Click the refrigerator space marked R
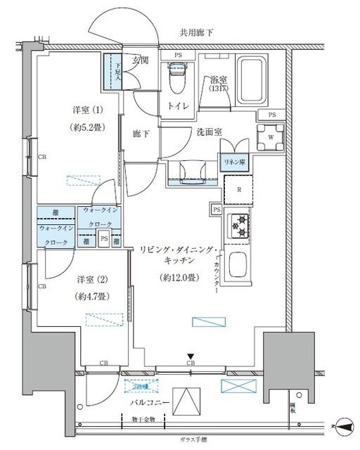(x=238, y=188)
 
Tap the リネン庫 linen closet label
(x=233, y=162)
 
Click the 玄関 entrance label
(x=141, y=61)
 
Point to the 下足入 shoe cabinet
(x=112, y=72)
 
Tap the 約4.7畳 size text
(x=91, y=297)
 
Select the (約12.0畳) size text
(x=179, y=277)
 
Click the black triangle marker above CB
(x=189, y=356)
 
